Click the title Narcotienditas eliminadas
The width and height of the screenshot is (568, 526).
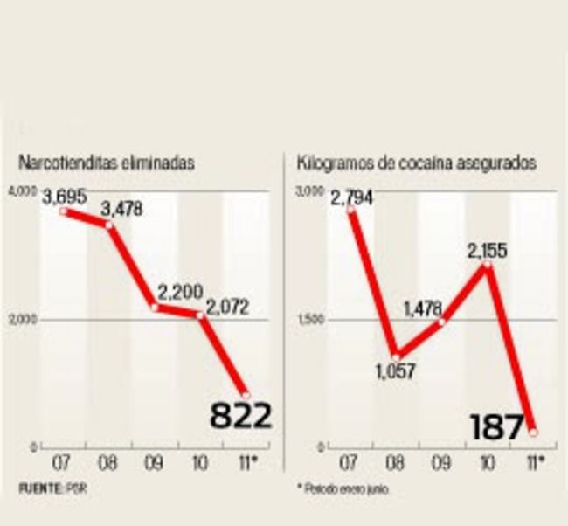(x=107, y=163)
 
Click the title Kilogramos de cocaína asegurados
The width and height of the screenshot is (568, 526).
(x=417, y=163)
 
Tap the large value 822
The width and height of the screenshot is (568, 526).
(x=240, y=416)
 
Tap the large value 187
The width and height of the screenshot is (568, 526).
(x=496, y=427)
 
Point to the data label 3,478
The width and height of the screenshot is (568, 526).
(x=121, y=210)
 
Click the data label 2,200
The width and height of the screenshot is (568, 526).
(x=179, y=292)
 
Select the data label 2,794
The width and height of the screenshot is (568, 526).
(x=351, y=197)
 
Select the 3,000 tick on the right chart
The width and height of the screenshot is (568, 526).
(x=308, y=191)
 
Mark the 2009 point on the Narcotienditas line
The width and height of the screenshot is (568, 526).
(x=155, y=307)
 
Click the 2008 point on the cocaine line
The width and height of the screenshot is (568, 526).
(x=396, y=356)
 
